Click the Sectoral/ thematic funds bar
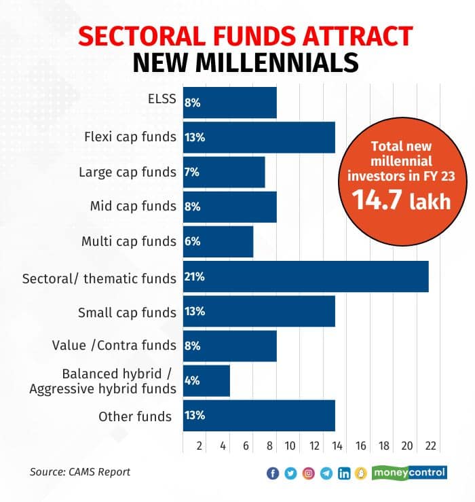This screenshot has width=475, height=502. (305, 276)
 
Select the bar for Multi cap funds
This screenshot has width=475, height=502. (218, 242)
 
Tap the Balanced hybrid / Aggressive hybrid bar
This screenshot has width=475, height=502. (206, 380)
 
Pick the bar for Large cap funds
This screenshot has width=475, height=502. (224, 173)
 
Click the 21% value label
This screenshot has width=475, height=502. (195, 277)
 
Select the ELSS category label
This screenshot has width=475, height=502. (161, 100)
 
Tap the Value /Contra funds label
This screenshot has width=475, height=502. (114, 346)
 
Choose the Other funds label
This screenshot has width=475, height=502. (135, 416)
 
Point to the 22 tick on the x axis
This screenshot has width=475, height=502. (430, 446)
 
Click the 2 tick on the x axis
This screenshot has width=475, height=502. (199, 446)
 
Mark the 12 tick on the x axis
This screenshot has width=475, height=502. (313, 446)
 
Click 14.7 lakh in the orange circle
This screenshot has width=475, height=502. (400, 201)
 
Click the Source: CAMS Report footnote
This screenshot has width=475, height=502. (79, 472)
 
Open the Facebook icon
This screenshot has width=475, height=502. (273, 473)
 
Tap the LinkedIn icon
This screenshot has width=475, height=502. (344, 473)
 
